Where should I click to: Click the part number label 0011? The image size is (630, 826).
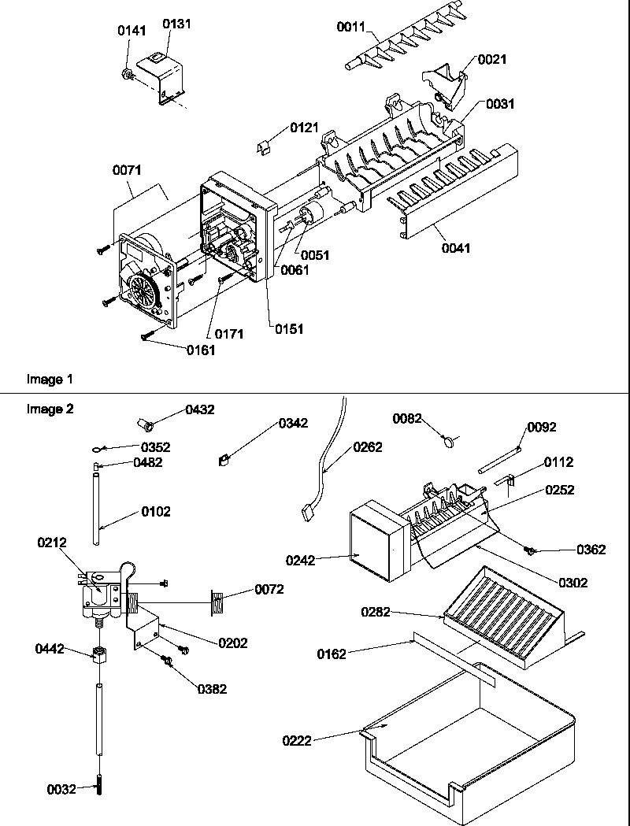[x=351, y=28]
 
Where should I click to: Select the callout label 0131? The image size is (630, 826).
[x=176, y=24]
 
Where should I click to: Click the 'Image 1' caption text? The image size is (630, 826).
[x=50, y=380]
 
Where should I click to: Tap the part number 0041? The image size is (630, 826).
[x=456, y=248]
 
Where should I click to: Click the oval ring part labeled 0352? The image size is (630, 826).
[x=95, y=448]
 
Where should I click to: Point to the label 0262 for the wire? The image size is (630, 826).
[x=368, y=447]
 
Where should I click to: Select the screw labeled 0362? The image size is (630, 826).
[x=533, y=549]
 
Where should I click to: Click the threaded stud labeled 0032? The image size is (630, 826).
[x=102, y=788]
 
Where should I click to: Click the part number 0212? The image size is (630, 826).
[x=51, y=542]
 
